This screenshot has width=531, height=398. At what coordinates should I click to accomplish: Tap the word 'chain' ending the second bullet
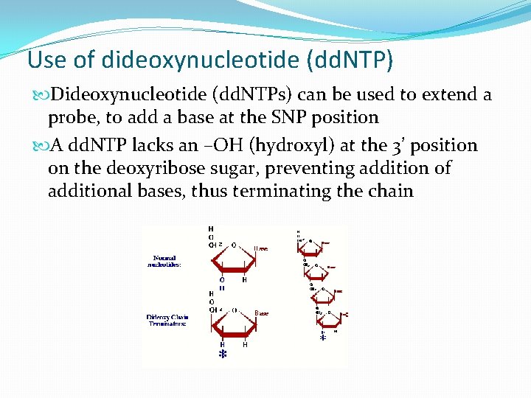point(392,192)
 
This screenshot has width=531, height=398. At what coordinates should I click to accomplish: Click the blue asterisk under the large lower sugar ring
point(223,355)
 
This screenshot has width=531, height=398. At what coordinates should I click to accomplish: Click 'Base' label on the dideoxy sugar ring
point(261,313)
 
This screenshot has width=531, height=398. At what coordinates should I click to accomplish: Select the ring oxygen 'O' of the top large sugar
point(233,245)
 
